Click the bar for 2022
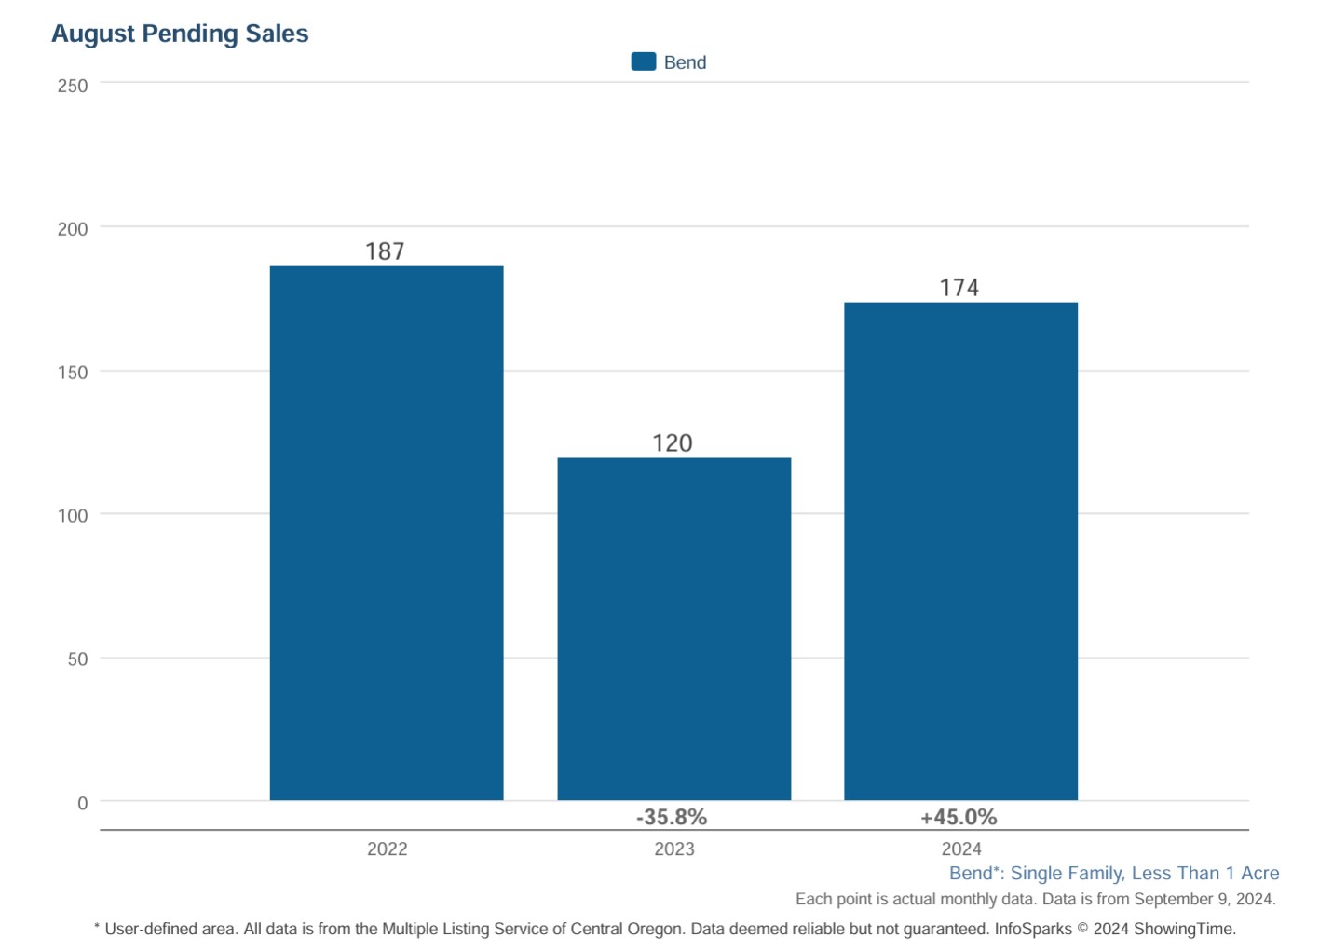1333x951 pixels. click(387, 533)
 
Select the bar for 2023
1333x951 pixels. click(673, 629)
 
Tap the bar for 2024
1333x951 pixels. click(960, 550)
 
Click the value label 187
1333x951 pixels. click(385, 251)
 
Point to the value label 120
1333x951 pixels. click(673, 443)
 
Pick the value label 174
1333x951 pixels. click(959, 288)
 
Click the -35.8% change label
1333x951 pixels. click(672, 818)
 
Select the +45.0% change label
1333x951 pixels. click(959, 818)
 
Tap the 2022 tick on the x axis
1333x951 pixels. click(387, 849)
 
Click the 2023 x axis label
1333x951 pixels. click(673, 849)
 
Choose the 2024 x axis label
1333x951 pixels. click(961, 849)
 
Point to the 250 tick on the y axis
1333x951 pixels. click(73, 86)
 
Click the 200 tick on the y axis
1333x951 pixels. click(73, 229)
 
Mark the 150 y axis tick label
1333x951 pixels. click(73, 373)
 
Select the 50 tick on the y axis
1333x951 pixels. click(77, 659)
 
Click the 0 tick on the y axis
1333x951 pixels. click(83, 803)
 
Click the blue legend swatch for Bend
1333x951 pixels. click(644, 61)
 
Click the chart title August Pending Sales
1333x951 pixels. click(180, 34)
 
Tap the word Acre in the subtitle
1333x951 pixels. click(1259, 874)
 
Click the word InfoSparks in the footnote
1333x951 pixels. click(1032, 929)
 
